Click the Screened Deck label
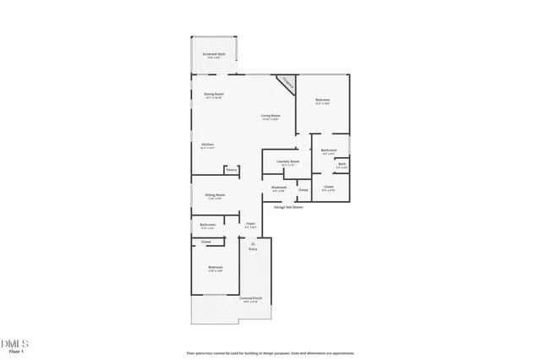click(x=213, y=55)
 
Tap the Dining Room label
click(x=213, y=95)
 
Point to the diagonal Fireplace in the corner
click(x=287, y=84)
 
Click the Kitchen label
click(x=207, y=145)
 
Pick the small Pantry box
click(x=231, y=170)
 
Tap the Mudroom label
click(x=278, y=188)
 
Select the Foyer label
click(x=250, y=224)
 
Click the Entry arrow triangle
click(x=252, y=243)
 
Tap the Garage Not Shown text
click(x=288, y=206)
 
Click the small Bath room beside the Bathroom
click(x=342, y=165)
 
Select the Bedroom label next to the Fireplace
click(x=322, y=101)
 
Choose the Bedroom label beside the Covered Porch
click(x=215, y=269)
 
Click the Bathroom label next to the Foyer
click(x=207, y=226)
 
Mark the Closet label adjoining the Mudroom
click(x=303, y=190)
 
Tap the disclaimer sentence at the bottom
click(x=270, y=353)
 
